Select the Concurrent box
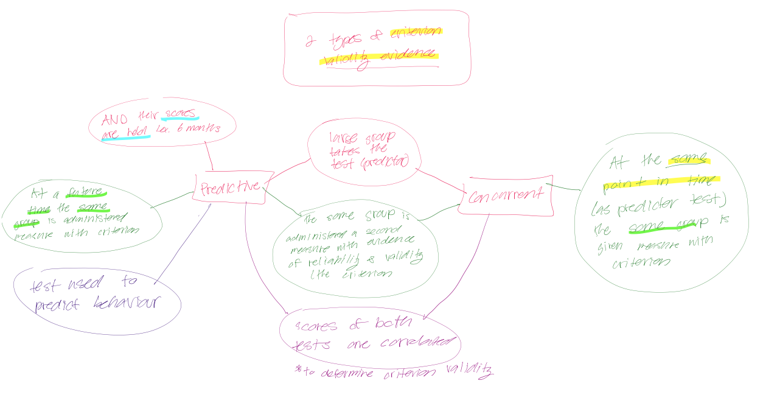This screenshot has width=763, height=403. pos(505,195)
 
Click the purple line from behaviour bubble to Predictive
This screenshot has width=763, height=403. pos(183,244)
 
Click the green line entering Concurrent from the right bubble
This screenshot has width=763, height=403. pos(563,187)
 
